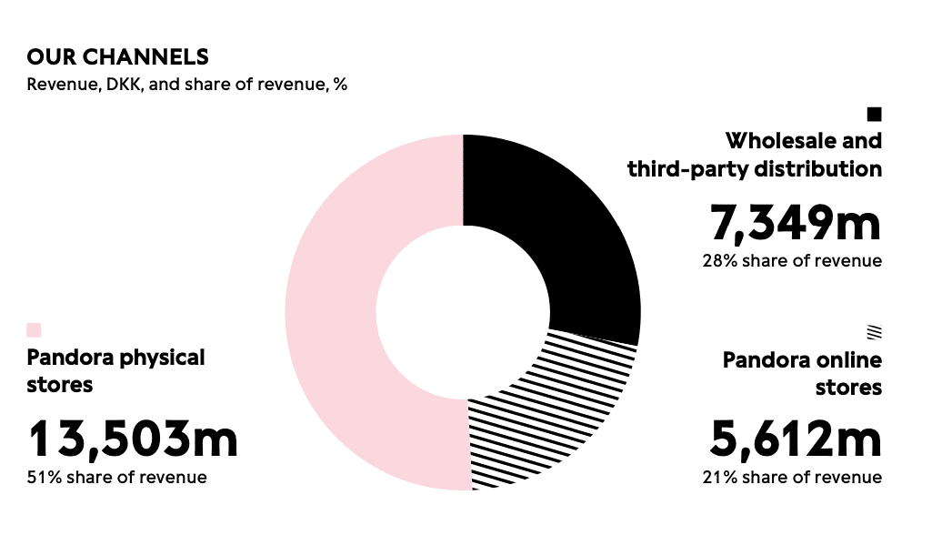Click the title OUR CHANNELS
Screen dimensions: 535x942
tap(117, 57)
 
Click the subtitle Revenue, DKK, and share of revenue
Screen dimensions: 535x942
tap(187, 85)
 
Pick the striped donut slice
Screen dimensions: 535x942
tap(536, 409)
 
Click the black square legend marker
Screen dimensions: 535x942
tap(874, 114)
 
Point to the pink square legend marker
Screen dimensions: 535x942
tap(35, 329)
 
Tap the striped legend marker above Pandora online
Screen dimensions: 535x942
tap(874, 332)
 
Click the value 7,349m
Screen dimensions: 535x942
tap(795, 221)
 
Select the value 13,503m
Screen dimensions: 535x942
tap(133, 439)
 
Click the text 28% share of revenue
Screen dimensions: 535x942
tap(791, 261)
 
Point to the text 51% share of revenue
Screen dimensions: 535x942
tap(116, 478)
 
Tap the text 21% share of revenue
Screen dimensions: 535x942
tap(791, 478)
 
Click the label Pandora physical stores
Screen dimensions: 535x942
tap(115, 370)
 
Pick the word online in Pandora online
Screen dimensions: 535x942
tap(849, 360)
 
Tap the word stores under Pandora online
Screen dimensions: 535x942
tap(848, 388)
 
